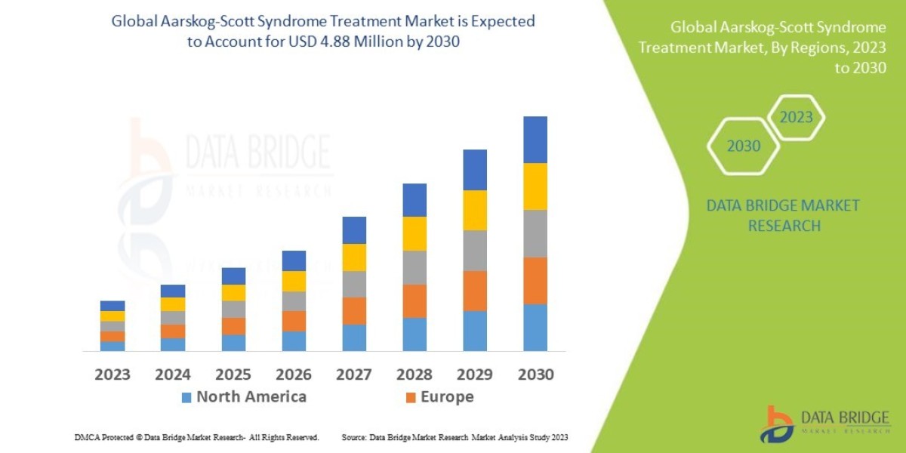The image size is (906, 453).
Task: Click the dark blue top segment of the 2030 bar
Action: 535,140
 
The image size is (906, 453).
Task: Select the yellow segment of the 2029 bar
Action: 475,210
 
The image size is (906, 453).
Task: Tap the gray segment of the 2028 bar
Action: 414,267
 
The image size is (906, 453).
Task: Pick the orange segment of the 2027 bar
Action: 354,311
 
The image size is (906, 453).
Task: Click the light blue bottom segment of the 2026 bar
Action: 294,341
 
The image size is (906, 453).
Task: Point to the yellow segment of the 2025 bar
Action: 233,293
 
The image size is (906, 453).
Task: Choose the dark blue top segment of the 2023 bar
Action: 112,306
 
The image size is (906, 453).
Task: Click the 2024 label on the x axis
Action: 173,374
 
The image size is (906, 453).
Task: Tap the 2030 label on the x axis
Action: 535,374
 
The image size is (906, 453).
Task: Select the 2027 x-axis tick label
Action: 354,374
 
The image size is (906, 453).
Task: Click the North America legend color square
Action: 186,397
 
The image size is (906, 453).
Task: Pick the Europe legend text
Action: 447,397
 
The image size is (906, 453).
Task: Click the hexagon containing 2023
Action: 796,117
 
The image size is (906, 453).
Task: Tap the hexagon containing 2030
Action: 744,146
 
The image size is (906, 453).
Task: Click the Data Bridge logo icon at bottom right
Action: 777,424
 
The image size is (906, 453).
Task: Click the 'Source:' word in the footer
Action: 354,438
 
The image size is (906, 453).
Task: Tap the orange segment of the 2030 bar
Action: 535,281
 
